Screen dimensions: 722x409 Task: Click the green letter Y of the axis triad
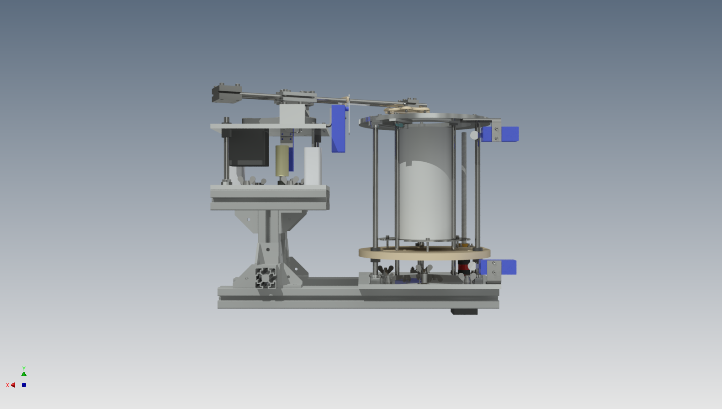pos(24,368)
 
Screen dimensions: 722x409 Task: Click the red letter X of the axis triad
pos(7,385)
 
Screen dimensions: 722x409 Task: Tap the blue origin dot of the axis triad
pos(24,385)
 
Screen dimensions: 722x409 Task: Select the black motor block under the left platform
pos(249,147)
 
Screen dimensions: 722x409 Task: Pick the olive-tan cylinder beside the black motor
pos(282,160)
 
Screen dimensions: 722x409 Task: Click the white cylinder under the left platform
pos(313,166)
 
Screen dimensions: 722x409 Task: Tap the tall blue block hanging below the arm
pos(339,128)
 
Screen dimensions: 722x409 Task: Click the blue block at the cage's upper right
pos(500,134)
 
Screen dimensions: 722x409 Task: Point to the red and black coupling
pos(463,267)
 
